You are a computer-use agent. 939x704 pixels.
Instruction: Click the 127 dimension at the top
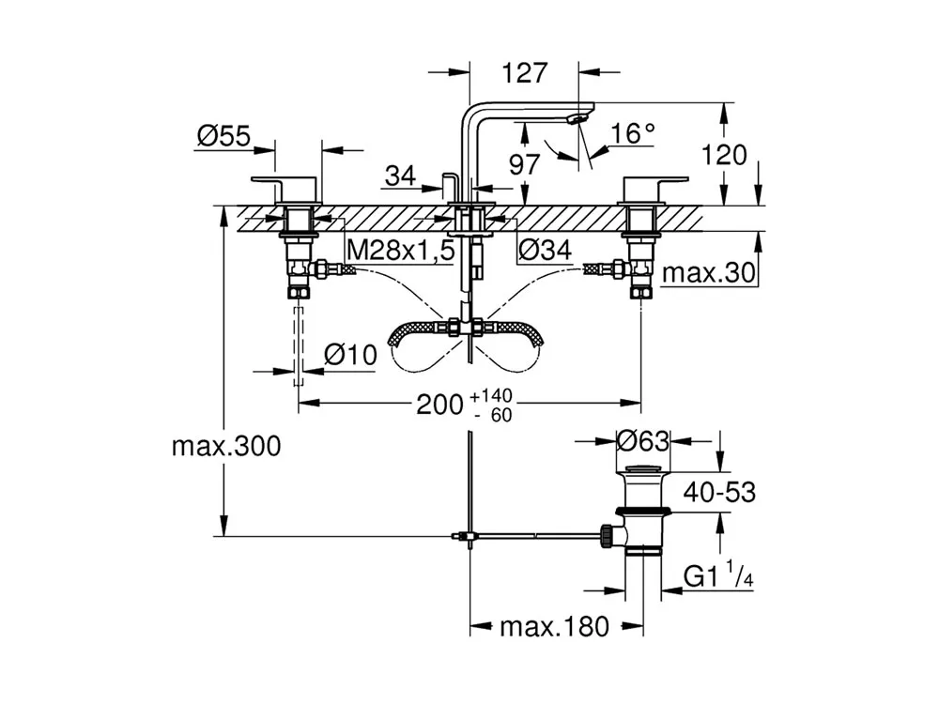click(525, 73)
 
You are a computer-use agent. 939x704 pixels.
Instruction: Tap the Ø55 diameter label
click(224, 136)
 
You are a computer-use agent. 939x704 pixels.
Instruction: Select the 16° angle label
click(633, 133)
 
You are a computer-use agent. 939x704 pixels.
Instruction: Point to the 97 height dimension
click(525, 164)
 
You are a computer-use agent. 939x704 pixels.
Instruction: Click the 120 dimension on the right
click(724, 155)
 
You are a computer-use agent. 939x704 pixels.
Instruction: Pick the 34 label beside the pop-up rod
click(400, 176)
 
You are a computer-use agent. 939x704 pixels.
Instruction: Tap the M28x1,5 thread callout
click(401, 250)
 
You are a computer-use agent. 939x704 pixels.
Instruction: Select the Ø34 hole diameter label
click(545, 250)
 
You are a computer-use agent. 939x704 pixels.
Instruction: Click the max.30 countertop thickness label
click(709, 273)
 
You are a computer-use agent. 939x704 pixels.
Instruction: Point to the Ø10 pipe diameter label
click(350, 355)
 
